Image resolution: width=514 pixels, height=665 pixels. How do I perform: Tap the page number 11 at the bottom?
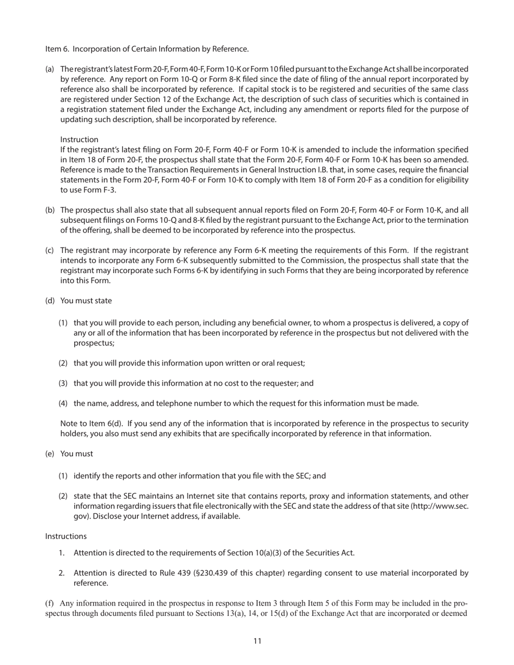tap(257, 641)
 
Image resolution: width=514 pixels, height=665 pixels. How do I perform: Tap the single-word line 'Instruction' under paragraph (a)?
tap(79, 139)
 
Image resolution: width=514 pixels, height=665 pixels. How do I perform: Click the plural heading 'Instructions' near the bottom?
tap(65, 536)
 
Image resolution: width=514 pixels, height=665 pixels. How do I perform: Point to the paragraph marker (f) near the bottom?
tap(49, 603)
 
